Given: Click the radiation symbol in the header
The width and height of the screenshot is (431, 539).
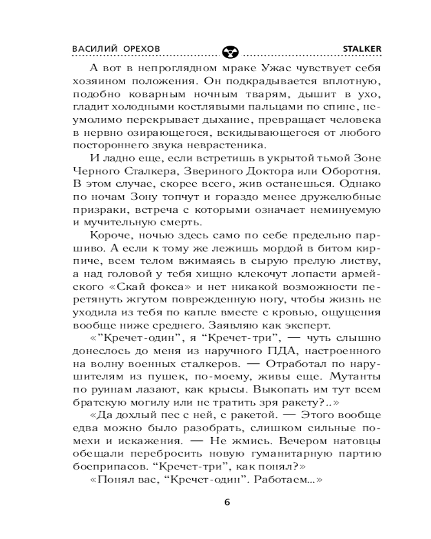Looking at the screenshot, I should pos(227,51).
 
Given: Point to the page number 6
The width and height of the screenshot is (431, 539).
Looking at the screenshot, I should pos(227,502).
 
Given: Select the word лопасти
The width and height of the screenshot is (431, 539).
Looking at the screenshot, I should pos(286,274).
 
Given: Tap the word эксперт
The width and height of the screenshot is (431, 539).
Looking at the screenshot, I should pos(310,326).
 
